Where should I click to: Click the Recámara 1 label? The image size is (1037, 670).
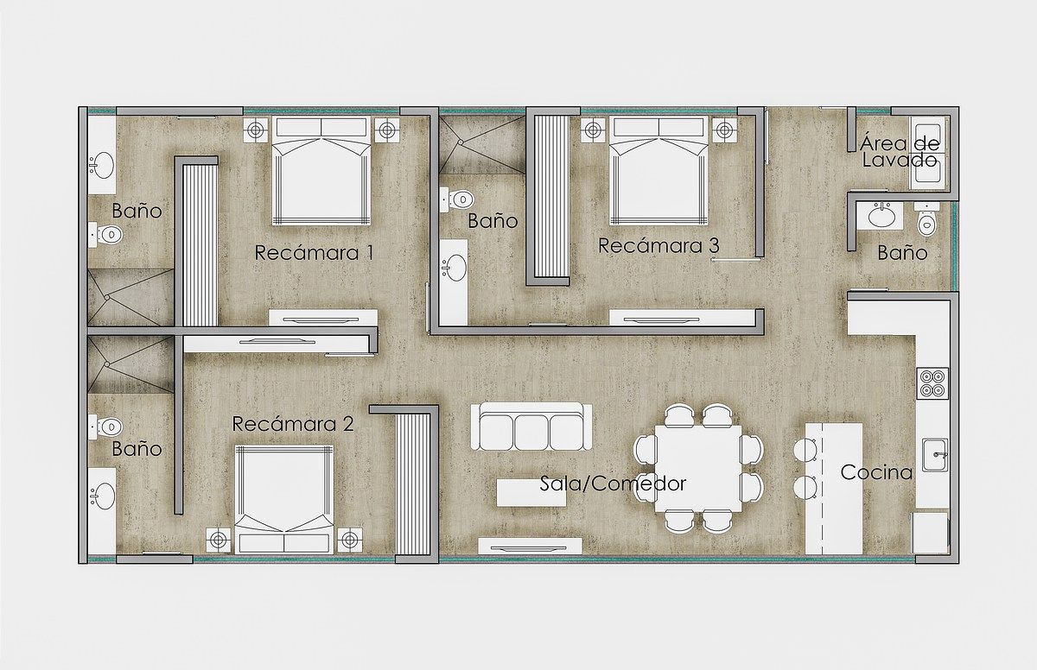pyautogui.click(x=314, y=253)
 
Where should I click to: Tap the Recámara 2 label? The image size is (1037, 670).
pyautogui.click(x=293, y=424)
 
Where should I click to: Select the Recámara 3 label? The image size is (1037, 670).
pyautogui.click(x=658, y=245)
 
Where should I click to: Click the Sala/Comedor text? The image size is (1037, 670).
pyautogui.click(x=613, y=484)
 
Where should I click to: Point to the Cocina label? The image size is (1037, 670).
pyautogui.click(x=876, y=472)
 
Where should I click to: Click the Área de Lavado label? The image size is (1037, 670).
pyautogui.click(x=900, y=152)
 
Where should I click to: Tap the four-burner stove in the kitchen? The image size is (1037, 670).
pyautogui.click(x=932, y=383)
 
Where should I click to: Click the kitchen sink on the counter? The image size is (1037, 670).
pyautogui.click(x=935, y=455)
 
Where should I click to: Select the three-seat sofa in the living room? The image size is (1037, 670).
pyautogui.click(x=531, y=427)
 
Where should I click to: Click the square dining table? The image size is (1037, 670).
pyautogui.click(x=698, y=468)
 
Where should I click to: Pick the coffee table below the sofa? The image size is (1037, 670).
pyautogui.click(x=531, y=492)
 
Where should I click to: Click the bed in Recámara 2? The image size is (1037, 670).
pyautogui.click(x=284, y=499)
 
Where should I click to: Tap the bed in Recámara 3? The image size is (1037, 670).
pyautogui.click(x=658, y=171)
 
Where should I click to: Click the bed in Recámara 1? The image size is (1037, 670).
pyautogui.click(x=321, y=171)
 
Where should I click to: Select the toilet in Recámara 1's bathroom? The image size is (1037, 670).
pyautogui.click(x=106, y=235)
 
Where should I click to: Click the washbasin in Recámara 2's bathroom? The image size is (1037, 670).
pyautogui.click(x=103, y=496)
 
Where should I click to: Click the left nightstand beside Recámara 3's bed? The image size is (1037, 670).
pyautogui.click(x=593, y=130)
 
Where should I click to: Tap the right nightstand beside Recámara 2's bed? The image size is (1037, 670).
pyautogui.click(x=350, y=540)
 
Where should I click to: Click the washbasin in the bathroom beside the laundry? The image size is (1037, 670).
pyautogui.click(x=880, y=216)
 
